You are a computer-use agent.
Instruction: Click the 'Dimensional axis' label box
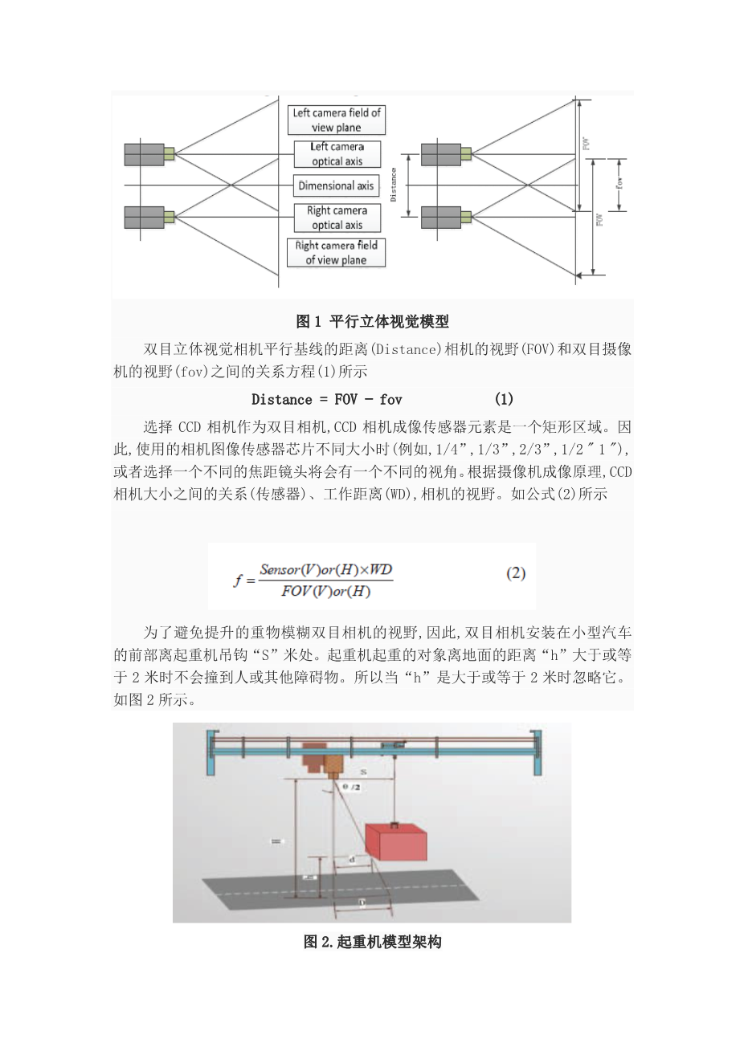tap(336, 185)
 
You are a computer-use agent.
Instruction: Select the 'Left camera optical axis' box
tap(337, 153)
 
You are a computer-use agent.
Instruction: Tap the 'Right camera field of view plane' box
tap(336, 252)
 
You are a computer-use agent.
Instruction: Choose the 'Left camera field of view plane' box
tap(337, 120)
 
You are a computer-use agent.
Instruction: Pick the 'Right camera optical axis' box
tap(337, 218)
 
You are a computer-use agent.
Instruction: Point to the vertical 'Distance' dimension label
tap(393, 184)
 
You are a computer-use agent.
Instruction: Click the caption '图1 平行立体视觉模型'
tap(372, 321)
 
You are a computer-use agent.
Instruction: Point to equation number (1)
tap(504, 399)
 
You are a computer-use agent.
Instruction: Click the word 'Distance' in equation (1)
tap(281, 399)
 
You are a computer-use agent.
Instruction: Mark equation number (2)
tap(516, 573)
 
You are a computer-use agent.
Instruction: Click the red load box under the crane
tap(396, 840)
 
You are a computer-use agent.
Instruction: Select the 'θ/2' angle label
tap(351, 788)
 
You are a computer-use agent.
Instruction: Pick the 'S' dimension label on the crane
tap(363, 772)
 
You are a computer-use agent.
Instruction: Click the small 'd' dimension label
tap(352, 860)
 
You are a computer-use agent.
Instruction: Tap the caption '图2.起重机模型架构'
tap(372, 942)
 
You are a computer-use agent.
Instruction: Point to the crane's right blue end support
tap(536, 752)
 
